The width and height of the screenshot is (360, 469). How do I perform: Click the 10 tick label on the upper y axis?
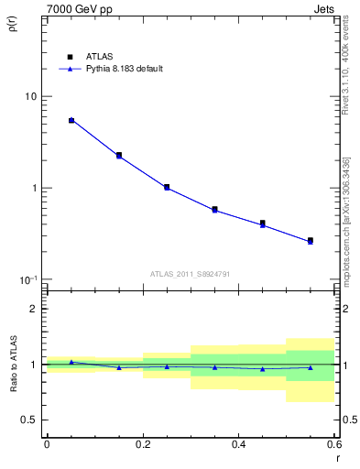click(30, 97)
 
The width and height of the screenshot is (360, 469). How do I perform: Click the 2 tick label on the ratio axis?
click(35, 309)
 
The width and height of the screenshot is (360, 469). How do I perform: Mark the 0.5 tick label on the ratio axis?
click(30, 420)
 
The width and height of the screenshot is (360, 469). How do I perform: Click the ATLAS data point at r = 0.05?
click(71, 120)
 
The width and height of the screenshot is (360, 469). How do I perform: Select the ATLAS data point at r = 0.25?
click(167, 187)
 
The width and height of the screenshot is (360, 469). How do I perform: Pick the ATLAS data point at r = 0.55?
click(311, 240)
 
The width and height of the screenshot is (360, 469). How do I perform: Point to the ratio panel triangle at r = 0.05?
click(71, 362)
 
